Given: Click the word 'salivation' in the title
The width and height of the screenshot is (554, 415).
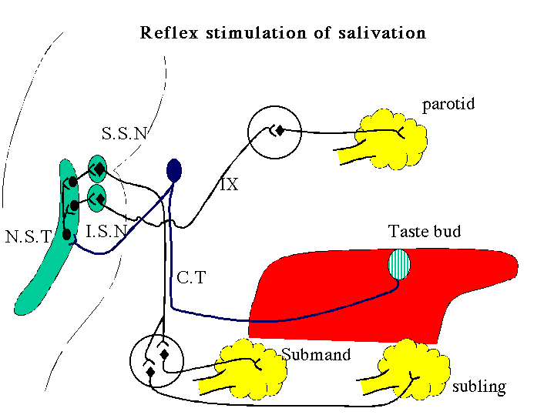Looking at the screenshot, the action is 382,32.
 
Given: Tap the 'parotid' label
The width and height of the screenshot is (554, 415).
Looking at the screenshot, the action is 448,105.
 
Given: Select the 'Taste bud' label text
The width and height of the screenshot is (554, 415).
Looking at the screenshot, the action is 425,231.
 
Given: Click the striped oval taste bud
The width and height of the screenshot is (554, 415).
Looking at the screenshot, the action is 399,264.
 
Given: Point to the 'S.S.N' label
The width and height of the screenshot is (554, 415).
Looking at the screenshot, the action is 124,133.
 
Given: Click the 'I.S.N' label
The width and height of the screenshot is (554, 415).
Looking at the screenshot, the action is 106,231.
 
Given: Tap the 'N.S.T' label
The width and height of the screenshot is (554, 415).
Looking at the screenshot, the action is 29,236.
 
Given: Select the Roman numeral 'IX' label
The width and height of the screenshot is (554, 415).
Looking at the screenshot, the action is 230,184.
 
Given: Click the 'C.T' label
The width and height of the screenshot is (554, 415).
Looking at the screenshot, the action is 191,278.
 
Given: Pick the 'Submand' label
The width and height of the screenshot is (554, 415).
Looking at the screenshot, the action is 316,354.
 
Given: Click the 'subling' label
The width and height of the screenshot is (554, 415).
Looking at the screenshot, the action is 479,387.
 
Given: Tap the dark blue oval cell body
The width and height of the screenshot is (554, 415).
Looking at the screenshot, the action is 174,170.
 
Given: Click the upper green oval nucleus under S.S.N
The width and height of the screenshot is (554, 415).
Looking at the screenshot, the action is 97,169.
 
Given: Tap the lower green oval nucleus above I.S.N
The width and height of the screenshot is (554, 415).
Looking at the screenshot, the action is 96,198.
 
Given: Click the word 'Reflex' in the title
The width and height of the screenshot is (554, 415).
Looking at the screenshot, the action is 169,32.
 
